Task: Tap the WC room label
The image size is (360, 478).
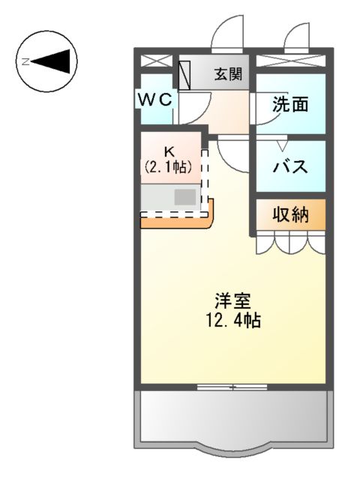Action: click(155, 97)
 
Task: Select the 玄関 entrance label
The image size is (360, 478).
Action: click(228, 74)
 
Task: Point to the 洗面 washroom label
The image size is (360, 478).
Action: click(290, 105)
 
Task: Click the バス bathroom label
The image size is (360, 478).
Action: click(290, 166)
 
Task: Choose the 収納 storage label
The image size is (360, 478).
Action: click(290, 215)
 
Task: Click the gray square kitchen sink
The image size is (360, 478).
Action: click(185, 198)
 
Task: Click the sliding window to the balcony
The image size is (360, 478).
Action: click(232, 387)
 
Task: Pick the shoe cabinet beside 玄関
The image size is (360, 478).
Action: click(185, 74)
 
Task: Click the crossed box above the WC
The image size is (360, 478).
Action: click(156, 61)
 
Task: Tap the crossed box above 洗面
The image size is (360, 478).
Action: click(290, 61)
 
